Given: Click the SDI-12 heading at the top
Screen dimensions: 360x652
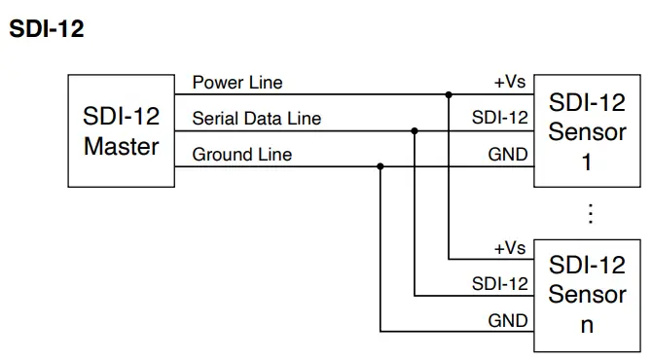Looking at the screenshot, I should point(47,30).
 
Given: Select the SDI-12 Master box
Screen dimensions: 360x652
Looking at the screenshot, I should point(121,131).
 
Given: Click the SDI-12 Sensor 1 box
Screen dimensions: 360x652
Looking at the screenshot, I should point(587,131).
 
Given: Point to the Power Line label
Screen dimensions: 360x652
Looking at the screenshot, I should point(237,83).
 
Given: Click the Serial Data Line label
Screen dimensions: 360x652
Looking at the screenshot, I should point(257,119).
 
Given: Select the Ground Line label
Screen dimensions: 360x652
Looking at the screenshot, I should point(241,155).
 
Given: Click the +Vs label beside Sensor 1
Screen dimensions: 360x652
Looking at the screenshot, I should point(510,83).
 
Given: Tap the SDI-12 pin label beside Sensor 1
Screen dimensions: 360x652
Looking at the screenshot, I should point(500,119).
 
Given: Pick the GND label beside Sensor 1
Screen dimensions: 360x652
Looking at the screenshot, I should point(508,155).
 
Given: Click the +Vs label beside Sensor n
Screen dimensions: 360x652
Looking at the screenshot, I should point(510,248).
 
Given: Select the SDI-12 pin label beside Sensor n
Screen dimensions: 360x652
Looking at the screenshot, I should point(500,284).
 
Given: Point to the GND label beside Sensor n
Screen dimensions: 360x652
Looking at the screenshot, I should point(508,320).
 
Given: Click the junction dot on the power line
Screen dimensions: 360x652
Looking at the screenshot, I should point(449,95).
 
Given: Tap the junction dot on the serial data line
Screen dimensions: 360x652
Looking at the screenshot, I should point(415,130).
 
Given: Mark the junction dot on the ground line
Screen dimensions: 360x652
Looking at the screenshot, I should point(380,166).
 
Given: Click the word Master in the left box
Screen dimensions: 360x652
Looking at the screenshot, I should point(121,148).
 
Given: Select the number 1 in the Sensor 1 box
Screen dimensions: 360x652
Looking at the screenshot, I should point(587,162).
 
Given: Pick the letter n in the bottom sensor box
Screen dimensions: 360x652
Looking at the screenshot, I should point(587,325).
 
